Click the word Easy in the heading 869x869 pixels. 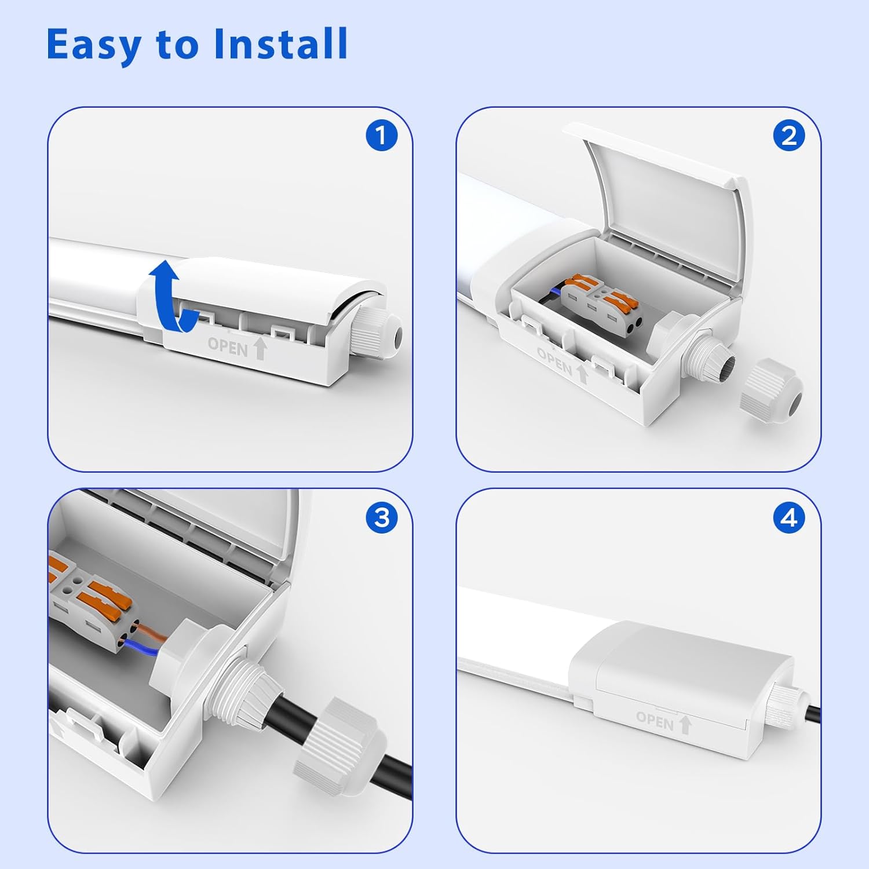(x=94, y=45)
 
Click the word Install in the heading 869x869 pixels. (x=280, y=43)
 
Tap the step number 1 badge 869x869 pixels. (x=381, y=136)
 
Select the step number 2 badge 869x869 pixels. (x=789, y=136)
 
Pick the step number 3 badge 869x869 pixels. (x=381, y=517)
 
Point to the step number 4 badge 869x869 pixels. (x=789, y=517)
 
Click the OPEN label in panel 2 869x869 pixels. (x=554, y=361)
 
